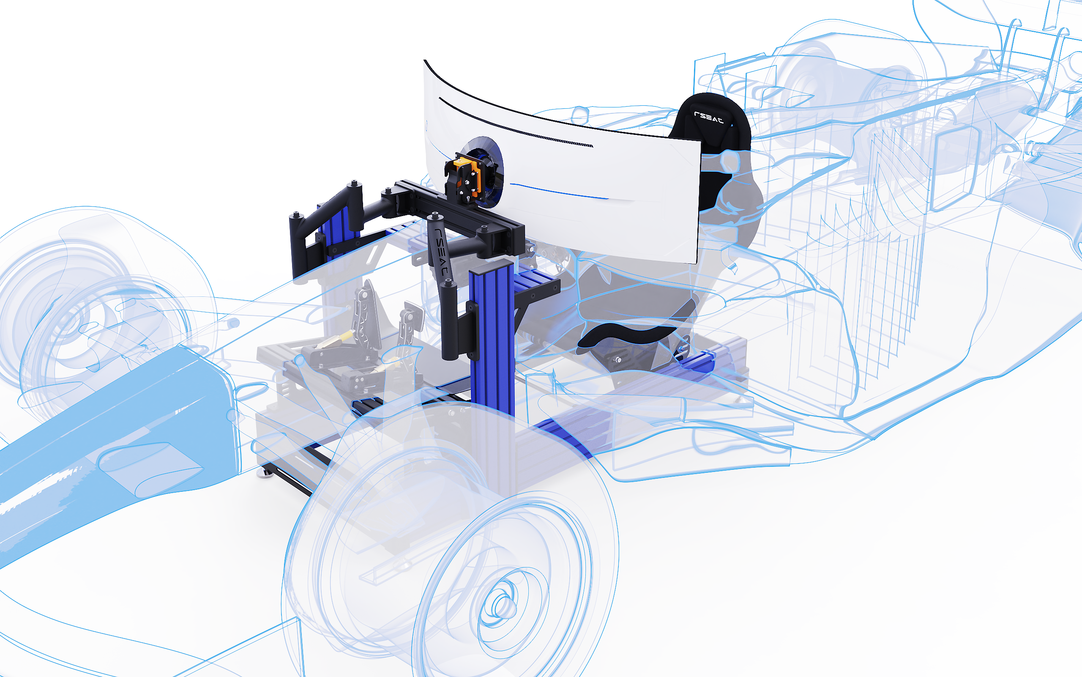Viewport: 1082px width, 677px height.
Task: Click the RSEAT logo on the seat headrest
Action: [708, 117]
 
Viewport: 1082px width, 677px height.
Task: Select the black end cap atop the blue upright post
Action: [491, 267]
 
